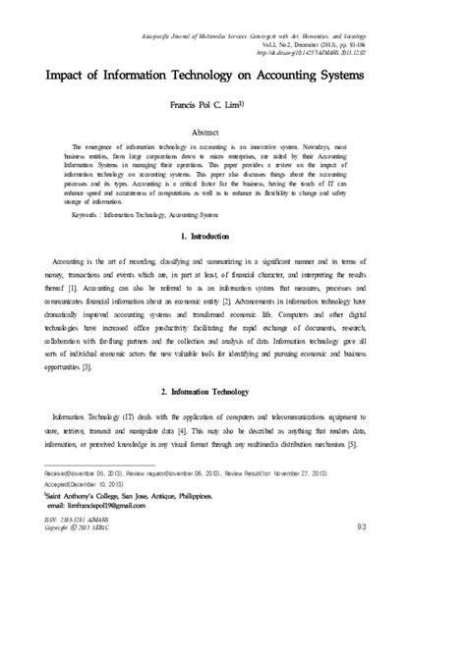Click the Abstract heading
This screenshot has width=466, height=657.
pyautogui.click(x=232, y=131)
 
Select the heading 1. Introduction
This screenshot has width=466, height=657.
pyautogui.click(x=233, y=238)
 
